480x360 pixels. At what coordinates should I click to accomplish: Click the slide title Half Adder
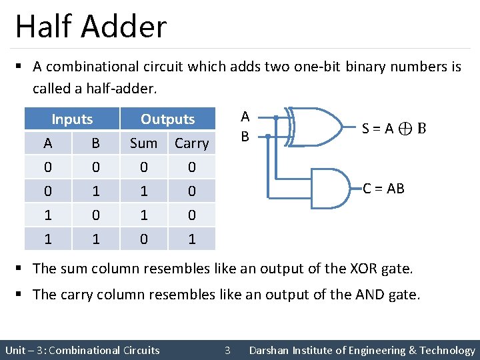(x=91, y=27)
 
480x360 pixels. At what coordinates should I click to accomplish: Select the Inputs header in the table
(x=72, y=119)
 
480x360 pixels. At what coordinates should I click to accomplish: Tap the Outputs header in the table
(x=167, y=119)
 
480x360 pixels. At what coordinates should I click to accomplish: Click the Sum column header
(x=143, y=143)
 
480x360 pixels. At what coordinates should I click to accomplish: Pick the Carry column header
(x=191, y=143)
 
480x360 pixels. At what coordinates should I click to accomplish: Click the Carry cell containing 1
(x=191, y=239)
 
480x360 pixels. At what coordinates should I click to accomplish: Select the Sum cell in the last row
(x=143, y=239)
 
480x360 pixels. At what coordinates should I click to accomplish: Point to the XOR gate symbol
(x=316, y=126)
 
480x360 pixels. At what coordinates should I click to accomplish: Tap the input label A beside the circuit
(x=245, y=117)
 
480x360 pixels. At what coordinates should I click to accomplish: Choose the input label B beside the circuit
(x=245, y=137)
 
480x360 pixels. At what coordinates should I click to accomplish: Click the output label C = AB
(x=383, y=189)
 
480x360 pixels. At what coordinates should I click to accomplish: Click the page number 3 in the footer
(x=227, y=350)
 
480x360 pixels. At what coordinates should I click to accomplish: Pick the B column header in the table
(x=95, y=143)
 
